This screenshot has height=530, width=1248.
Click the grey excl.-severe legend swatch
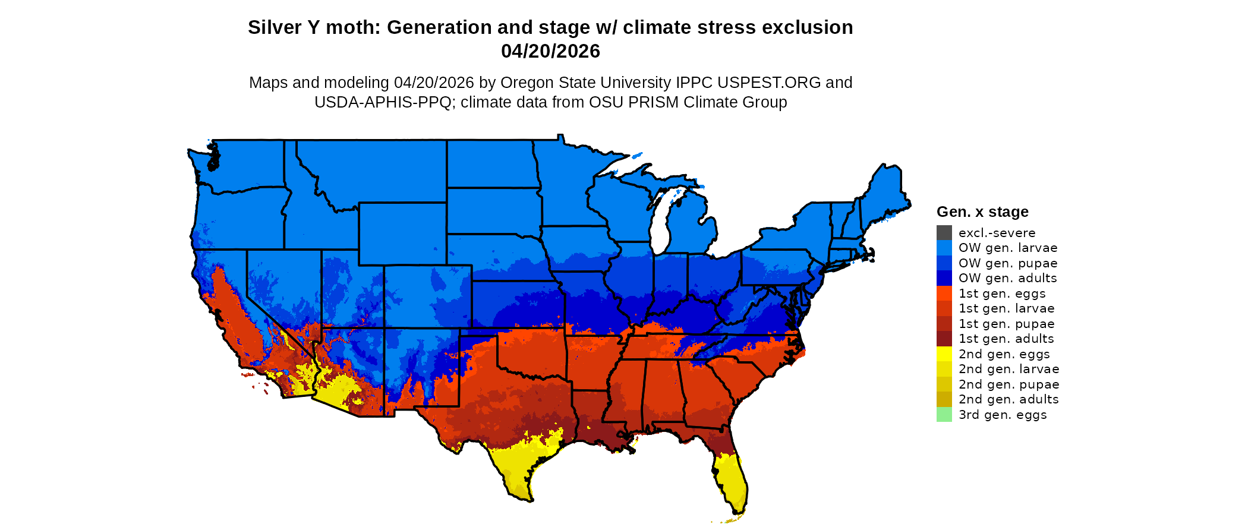coord(944,233)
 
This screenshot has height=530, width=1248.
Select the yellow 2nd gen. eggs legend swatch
coord(944,354)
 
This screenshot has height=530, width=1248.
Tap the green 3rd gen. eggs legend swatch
coord(944,415)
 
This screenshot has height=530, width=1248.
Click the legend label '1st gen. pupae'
coord(1006,324)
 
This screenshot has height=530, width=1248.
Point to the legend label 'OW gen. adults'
coord(1007,278)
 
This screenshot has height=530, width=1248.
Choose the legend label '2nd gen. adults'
coord(1008,399)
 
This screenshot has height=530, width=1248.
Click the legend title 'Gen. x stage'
coord(982,212)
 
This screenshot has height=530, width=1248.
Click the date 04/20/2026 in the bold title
coord(550,52)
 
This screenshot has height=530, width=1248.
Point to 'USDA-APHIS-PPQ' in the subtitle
coord(383,102)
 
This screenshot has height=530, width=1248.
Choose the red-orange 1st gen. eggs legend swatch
coord(944,294)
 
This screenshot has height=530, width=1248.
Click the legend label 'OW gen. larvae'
coord(1007,248)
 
